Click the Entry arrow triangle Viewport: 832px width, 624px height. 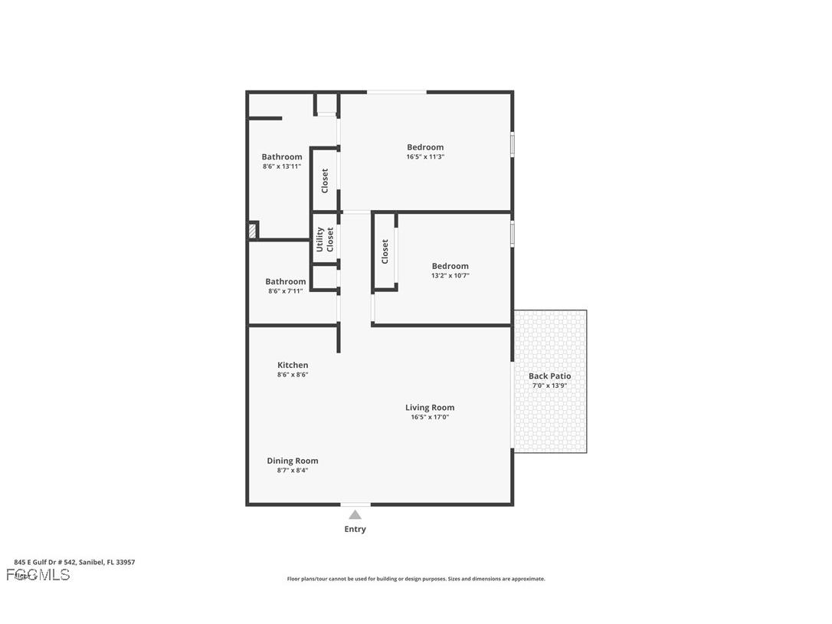click(355, 515)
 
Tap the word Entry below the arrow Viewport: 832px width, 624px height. click(355, 529)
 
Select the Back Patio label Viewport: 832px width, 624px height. click(549, 376)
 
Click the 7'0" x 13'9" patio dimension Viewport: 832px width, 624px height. click(549, 386)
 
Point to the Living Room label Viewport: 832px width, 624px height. click(430, 407)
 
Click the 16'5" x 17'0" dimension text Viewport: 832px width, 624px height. click(430, 417)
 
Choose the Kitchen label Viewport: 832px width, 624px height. click(293, 365)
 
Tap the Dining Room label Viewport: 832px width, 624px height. click(292, 461)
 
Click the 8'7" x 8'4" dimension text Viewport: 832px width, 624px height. click(292, 471)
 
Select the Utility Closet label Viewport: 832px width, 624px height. click(326, 239)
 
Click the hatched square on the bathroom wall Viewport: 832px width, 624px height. click(253, 230)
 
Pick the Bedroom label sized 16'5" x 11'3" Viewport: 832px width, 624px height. click(425, 147)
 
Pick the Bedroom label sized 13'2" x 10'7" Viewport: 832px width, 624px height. click(450, 266)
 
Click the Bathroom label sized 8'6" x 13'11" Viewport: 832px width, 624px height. click(282, 156)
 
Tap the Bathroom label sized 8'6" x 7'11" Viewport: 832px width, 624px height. click(285, 281)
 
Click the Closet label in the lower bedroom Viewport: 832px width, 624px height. click(385, 251)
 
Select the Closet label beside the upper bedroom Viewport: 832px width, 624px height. click(325, 180)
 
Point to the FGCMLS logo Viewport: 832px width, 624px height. click(38, 575)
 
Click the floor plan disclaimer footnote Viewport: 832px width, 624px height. click(416, 579)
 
